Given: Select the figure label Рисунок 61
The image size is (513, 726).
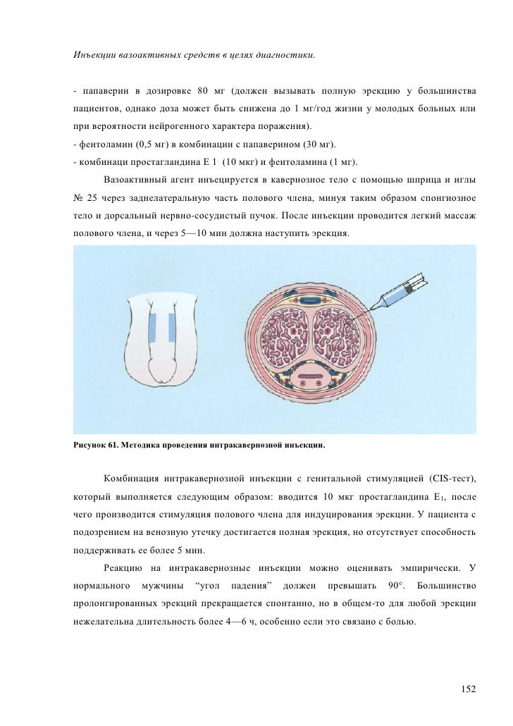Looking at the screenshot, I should click(95, 446).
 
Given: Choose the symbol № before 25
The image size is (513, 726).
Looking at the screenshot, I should click(78, 196).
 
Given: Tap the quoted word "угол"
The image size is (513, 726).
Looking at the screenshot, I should click(206, 586).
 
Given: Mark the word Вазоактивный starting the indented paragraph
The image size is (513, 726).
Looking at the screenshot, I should click(135, 179).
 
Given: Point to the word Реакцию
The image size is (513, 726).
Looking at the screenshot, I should click(123, 568).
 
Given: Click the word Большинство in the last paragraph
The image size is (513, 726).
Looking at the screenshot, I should click(447, 586).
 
